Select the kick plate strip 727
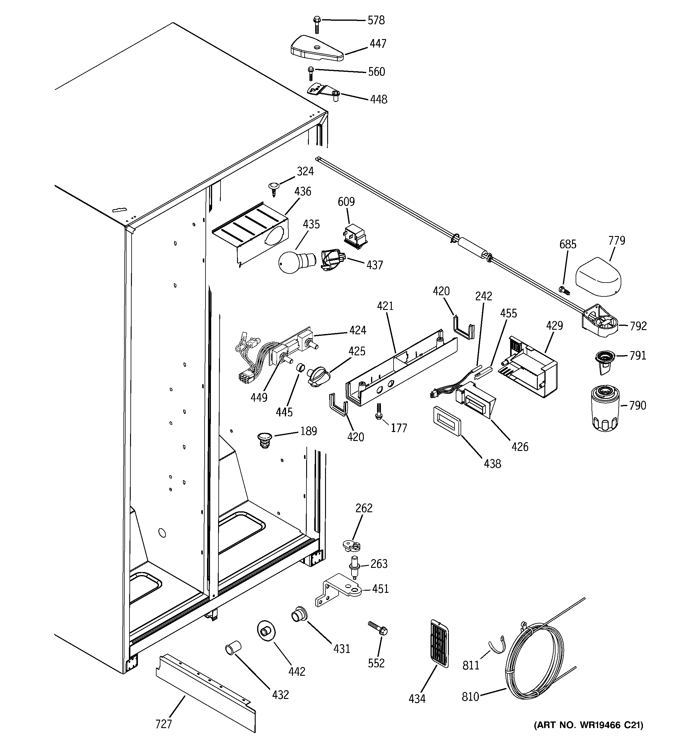[x=206, y=697]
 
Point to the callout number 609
[x=346, y=202]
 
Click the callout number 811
[x=471, y=665]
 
